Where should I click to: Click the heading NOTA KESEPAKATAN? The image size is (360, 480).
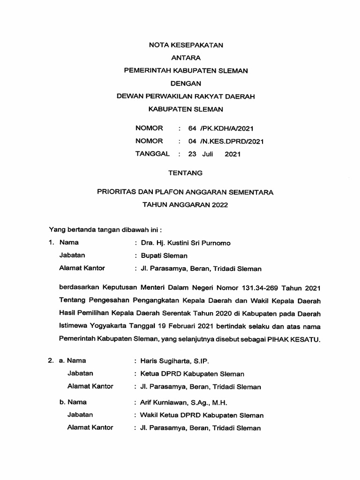186,45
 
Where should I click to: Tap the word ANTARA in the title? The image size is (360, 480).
186,58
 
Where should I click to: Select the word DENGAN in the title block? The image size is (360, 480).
186,83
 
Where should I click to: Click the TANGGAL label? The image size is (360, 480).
152,154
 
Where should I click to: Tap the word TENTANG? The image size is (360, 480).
186,173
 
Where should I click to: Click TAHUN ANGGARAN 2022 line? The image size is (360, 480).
186,205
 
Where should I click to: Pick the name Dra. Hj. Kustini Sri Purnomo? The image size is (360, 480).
182,243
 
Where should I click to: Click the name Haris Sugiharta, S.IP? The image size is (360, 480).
171,361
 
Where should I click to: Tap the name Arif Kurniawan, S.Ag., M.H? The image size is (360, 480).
180,403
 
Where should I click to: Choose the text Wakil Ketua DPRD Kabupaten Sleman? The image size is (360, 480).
199,415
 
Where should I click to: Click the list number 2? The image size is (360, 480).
51,361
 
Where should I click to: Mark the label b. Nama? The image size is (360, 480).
73,402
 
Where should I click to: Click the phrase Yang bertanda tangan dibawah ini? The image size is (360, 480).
105,230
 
